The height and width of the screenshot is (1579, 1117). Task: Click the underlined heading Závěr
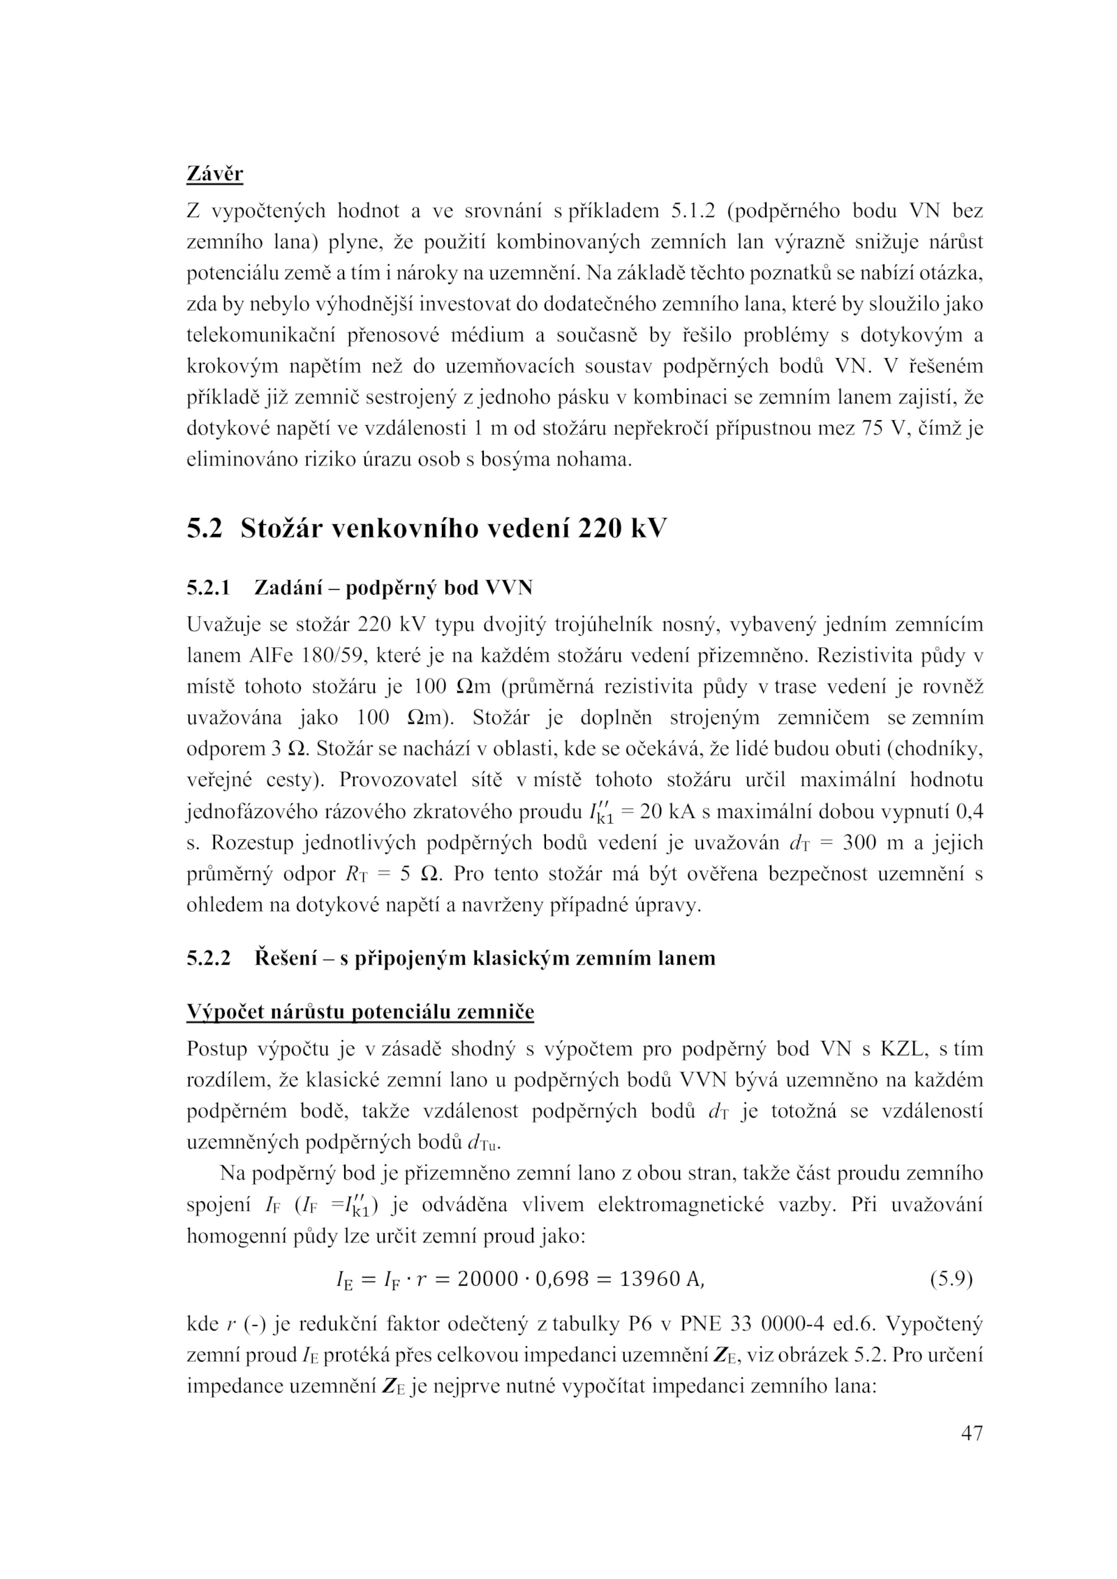click(x=214, y=172)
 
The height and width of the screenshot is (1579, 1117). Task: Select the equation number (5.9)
click(x=951, y=1279)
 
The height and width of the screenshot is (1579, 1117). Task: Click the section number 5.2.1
click(x=208, y=588)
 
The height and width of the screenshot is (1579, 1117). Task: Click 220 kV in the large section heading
click(x=622, y=529)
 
